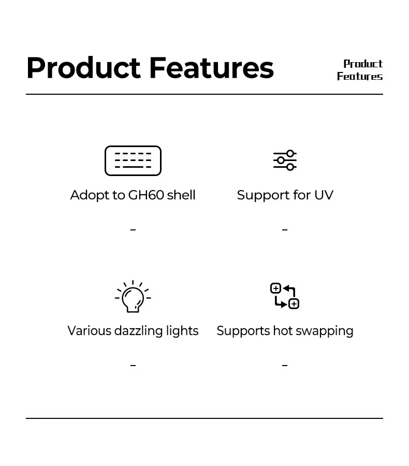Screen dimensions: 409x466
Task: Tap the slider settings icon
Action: pyautogui.click(x=285, y=160)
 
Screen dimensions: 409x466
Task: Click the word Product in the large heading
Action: pyautogui.click(x=83, y=68)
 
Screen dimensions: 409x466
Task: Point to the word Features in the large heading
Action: pyautogui.click(x=211, y=68)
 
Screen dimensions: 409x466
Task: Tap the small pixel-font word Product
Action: pyautogui.click(x=363, y=64)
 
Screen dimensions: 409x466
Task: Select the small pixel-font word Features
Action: pyautogui.click(x=360, y=77)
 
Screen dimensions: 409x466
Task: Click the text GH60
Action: pyautogui.click(x=146, y=195)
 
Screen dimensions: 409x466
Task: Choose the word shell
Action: pyautogui.click(x=181, y=195)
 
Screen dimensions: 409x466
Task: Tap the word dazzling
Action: pyautogui.click(x=139, y=331)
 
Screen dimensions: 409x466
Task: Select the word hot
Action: pyautogui.click(x=283, y=331)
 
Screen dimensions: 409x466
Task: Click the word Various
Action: pyautogui.click(x=89, y=331)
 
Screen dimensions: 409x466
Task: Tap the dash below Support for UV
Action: pyautogui.click(x=285, y=230)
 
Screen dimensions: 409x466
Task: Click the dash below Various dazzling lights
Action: pyautogui.click(x=133, y=365)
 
